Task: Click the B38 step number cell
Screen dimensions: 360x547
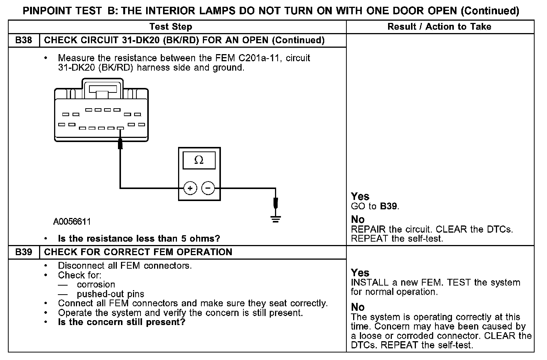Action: click(x=24, y=40)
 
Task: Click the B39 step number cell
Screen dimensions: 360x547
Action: click(x=24, y=252)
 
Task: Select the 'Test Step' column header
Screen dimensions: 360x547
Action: click(x=171, y=27)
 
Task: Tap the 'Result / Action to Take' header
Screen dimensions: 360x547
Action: click(x=439, y=27)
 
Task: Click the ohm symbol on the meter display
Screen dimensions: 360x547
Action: click(x=199, y=160)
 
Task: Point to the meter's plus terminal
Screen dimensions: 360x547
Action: click(x=190, y=188)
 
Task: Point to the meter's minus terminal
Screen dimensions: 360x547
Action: click(x=209, y=188)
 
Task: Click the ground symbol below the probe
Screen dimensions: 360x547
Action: click(x=276, y=219)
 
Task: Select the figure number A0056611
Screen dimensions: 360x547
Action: click(x=72, y=222)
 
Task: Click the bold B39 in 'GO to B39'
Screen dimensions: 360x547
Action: click(x=389, y=206)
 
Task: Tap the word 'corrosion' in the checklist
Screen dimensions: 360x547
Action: click(x=96, y=284)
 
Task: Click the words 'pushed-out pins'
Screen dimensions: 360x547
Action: click(x=110, y=294)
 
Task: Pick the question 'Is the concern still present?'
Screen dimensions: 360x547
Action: click(x=122, y=322)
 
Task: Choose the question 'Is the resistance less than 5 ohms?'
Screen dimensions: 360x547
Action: click(x=139, y=239)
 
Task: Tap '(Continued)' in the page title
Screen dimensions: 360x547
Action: click(x=490, y=11)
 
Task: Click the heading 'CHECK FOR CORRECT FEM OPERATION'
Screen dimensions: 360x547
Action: click(x=138, y=252)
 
